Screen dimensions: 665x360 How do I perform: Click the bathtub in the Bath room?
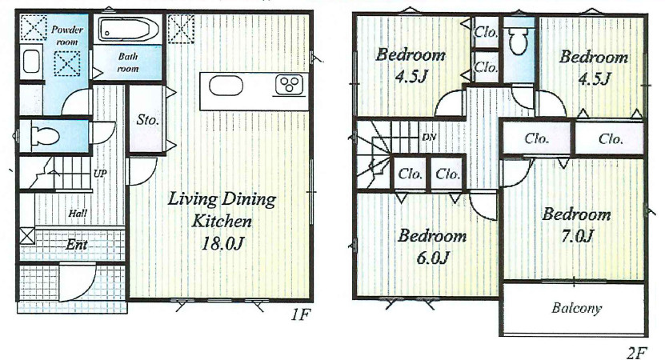(129, 30)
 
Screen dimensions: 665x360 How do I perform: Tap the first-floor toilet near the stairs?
(45, 136)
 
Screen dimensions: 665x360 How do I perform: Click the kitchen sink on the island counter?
(226, 86)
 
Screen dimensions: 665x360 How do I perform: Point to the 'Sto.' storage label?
(147, 120)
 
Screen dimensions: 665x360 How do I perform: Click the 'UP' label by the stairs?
(100, 174)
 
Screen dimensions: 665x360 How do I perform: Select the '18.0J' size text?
(222, 243)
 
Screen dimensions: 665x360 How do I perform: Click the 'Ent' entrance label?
(77, 244)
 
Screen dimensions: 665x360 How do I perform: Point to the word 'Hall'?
(78, 213)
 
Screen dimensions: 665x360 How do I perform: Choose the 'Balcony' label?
(576, 308)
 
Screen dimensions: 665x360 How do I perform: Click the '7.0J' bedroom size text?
(577, 236)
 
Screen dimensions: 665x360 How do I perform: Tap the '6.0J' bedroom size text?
(433, 258)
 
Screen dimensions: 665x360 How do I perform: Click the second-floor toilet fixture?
(518, 40)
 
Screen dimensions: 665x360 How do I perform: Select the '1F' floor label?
(301, 315)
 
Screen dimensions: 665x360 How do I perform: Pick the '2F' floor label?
(636, 353)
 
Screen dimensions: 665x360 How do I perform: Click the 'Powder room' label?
(67, 36)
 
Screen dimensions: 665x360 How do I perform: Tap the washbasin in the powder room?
(31, 62)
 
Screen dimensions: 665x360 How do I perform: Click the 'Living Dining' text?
(222, 199)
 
